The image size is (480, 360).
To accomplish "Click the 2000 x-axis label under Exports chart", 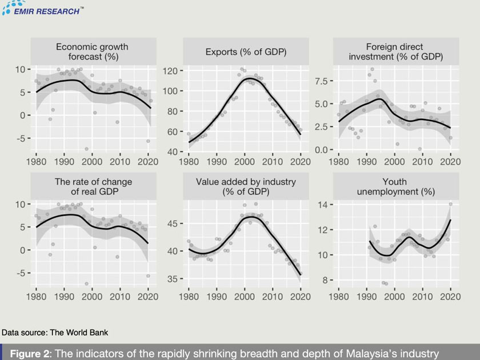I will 244,162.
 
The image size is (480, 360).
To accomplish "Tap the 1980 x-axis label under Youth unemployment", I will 339,297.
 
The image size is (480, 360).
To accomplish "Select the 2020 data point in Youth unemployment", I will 450,204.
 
